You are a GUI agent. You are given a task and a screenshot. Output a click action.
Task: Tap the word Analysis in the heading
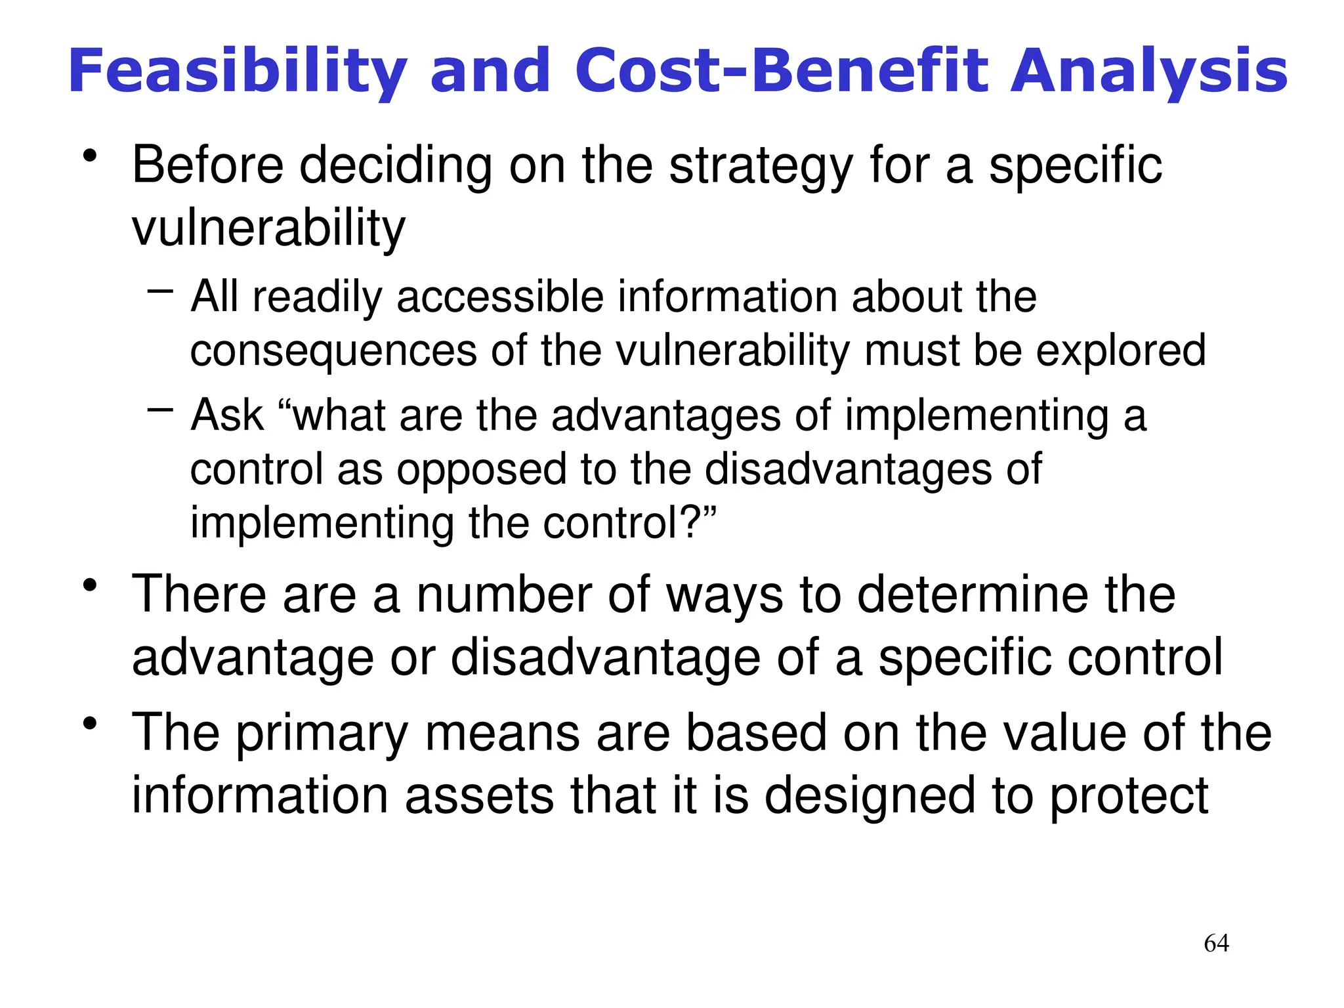[1149, 71]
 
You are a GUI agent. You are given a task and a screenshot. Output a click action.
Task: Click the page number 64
[1216, 943]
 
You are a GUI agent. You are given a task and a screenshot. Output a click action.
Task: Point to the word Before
[207, 165]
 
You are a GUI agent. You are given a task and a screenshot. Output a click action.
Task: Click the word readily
[317, 297]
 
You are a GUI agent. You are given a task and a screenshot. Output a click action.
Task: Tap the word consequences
[333, 351]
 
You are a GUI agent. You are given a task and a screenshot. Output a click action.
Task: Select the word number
[503, 595]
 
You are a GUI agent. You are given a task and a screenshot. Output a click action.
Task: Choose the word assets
[479, 796]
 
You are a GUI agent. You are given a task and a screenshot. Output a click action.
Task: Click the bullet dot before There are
[90, 584]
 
